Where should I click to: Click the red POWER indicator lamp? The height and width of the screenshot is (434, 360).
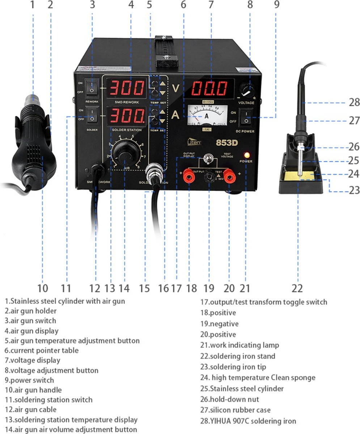[247, 155]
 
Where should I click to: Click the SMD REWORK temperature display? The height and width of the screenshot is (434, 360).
[126, 88]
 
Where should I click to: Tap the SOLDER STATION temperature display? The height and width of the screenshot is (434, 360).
[126, 116]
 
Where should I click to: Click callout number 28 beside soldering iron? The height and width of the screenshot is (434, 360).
[354, 103]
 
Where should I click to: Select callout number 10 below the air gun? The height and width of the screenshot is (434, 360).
[42, 288]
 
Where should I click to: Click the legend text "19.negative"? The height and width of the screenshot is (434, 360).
[220, 324]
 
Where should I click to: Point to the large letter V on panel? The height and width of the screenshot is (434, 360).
[176, 88]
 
